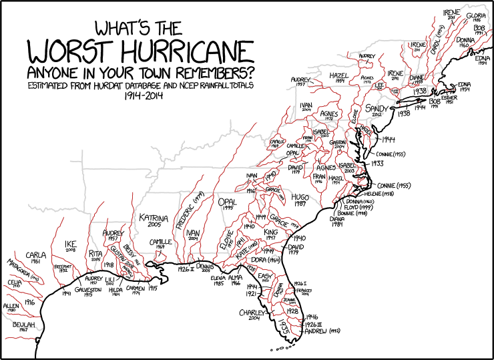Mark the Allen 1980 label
tap(11, 308)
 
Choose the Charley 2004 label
tap(253, 315)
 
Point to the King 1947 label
tap(270, 234)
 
